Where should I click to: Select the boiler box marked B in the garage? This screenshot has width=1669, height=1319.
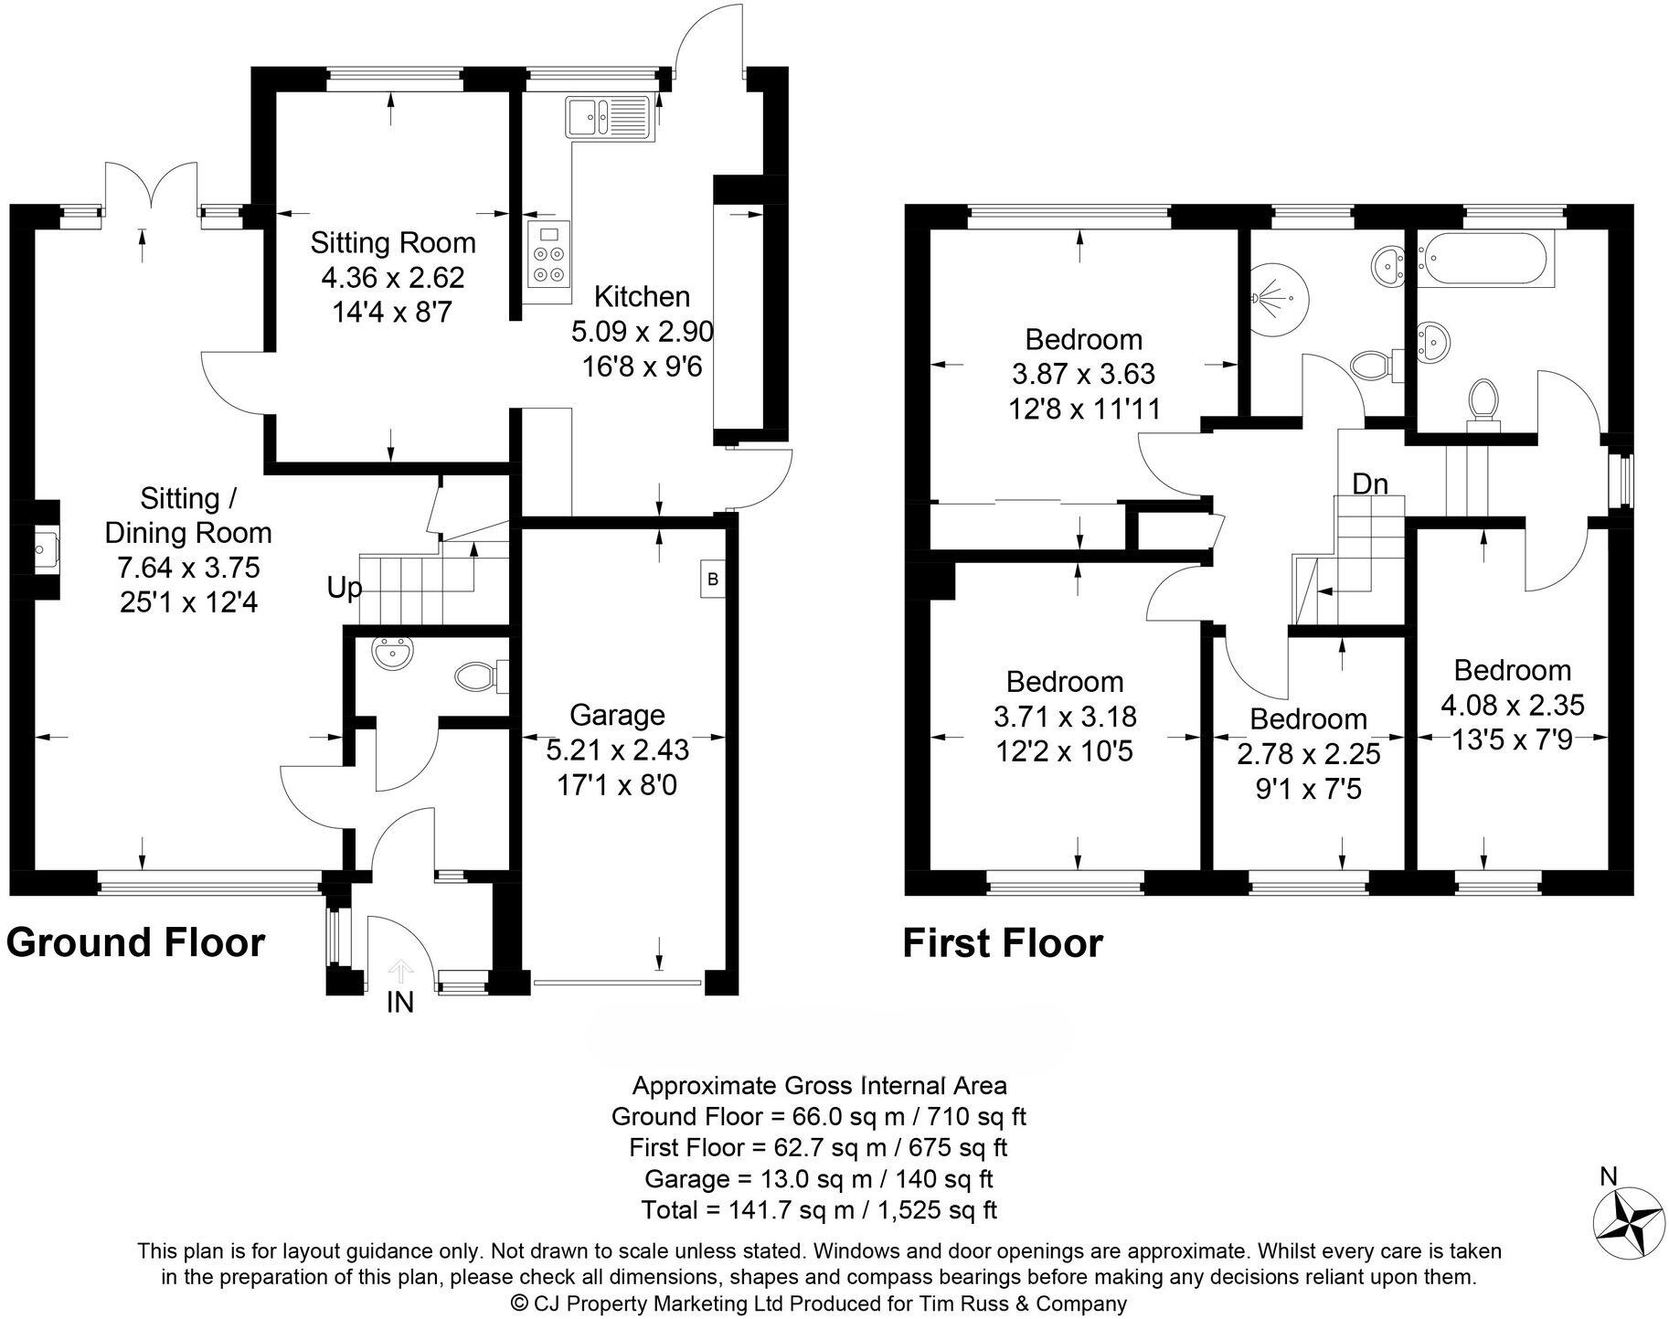[x=713, y=580]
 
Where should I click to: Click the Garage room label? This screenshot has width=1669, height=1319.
[x=617, y=715]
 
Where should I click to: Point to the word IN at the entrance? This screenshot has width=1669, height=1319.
[x=400, y=1003]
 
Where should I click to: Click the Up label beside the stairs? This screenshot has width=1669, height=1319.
[x=345, y=589]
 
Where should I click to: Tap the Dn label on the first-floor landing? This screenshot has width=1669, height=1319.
[x=1370, y=484]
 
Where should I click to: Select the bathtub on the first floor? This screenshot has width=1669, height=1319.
[x=1483, y=259]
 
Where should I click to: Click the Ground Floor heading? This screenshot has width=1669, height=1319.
[x=135, y=942]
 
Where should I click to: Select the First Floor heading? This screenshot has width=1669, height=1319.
[x=1003, y=943]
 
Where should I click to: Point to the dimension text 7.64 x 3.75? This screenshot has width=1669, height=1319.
[x=188, y=568]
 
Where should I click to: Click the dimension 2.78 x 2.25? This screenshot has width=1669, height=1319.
[x=1309, y=754]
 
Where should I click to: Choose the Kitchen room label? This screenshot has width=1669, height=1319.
[x=642, y=296]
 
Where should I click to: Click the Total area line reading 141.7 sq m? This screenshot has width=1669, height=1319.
[x=819, y=1210]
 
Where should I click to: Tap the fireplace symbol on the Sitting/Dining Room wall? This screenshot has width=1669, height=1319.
[x=43, y=549]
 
